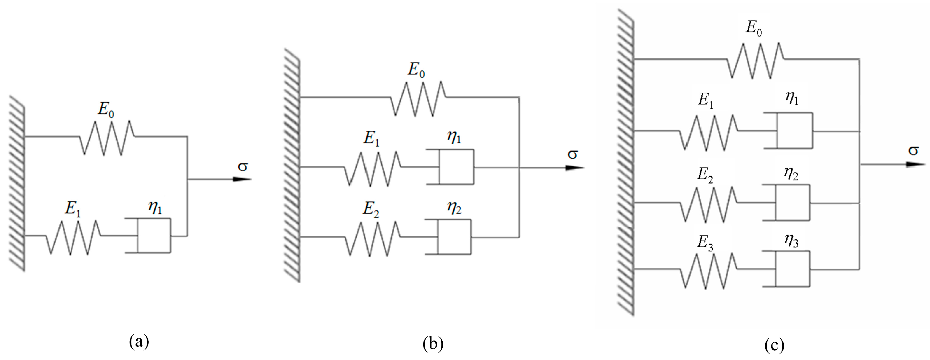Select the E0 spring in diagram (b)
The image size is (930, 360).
tap(419, 99)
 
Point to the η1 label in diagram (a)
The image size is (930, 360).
tap(155, 208)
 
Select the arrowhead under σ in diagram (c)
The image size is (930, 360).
tap(916, 164)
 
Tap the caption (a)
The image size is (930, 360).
tap(139, 341)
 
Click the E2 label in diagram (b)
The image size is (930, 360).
tap(371, 209)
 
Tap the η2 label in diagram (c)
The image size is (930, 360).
tap(791, 174)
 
